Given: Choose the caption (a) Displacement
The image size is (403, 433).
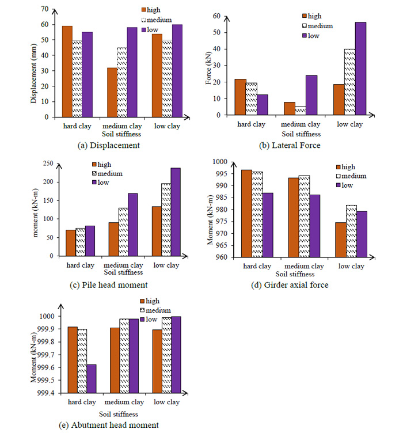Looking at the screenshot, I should click(108, 145).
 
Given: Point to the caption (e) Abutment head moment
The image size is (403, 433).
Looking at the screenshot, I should click(109, 425).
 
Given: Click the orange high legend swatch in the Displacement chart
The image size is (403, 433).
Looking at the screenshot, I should click(145, 10).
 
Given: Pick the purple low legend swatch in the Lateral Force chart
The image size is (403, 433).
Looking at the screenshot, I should click(305, 36).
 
